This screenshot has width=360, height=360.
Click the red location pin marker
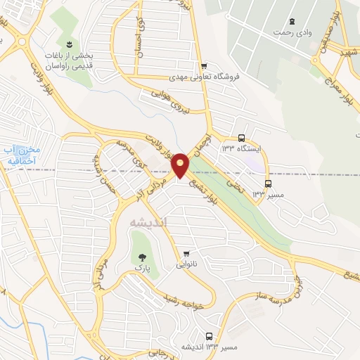(x=181, y=165)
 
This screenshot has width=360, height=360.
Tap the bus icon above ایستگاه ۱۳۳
(x=242, y=139)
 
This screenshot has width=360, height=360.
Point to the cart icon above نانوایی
(x=186, y=255)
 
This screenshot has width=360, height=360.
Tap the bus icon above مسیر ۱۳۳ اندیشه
(x=209, y=336)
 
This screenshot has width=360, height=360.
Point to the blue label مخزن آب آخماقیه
(x=22, y=154)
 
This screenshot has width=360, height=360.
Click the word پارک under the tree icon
(x=143, y=269)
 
